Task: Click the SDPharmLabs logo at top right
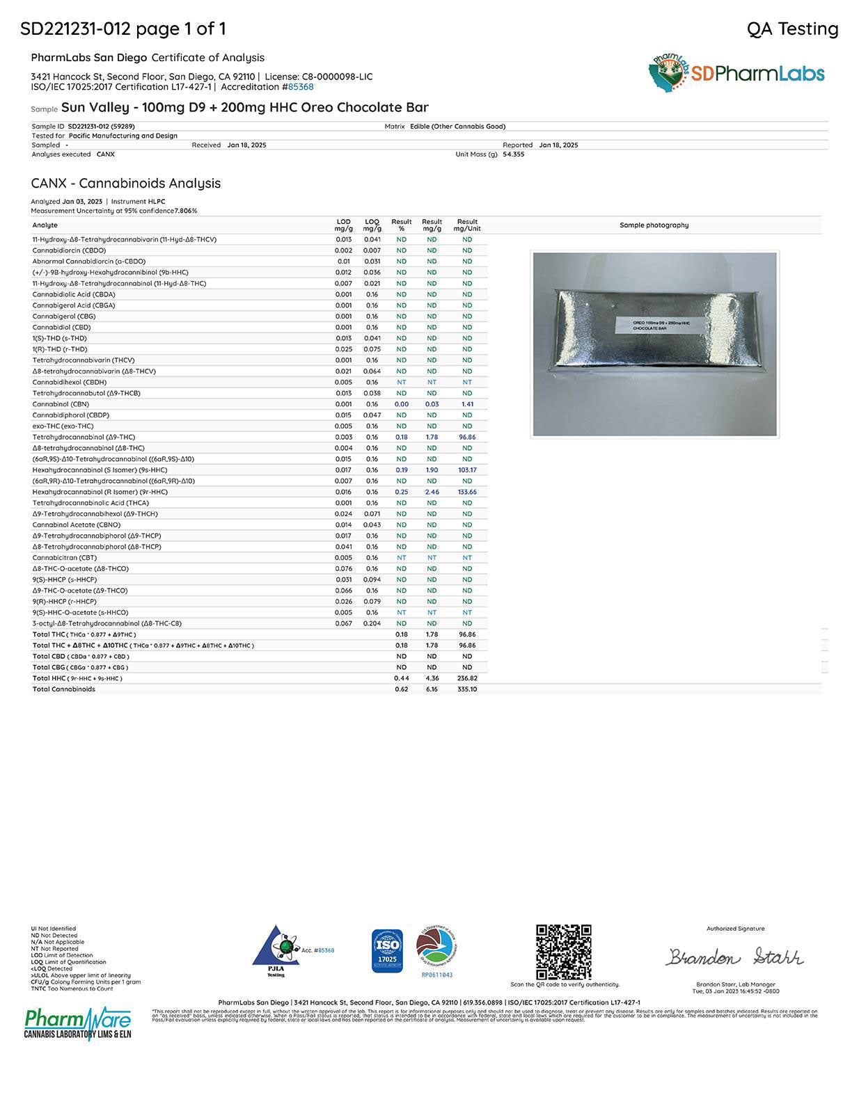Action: point(736,74)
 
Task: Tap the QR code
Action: point(563,952)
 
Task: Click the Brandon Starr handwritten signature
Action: point(734,958)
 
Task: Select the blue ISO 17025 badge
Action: point(387,950)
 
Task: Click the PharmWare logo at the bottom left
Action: point(78,1023)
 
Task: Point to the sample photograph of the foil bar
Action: point(654,344)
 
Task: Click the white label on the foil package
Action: point(652,326)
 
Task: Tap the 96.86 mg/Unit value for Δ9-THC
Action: point(467,437)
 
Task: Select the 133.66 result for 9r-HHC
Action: point(467,492)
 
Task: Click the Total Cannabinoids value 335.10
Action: point(467,689)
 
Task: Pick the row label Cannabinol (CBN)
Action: point(61,404)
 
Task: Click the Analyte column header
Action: point(45,225)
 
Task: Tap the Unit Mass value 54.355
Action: point(514,154)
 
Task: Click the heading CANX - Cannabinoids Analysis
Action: point(126,184)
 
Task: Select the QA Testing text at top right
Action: point(792,29)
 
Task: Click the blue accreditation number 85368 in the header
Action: point(301,87)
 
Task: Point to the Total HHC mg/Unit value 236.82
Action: point(467,678)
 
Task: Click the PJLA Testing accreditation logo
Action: point(276,952)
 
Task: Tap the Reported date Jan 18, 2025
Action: point(558,145)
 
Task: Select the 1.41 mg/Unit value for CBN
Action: point(467,404)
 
